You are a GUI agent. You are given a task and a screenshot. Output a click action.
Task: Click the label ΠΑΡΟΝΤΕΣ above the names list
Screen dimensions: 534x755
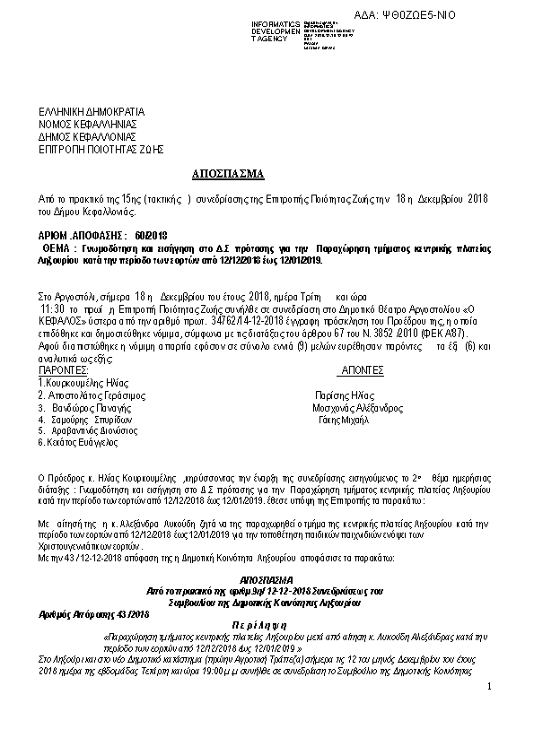pos(63,369)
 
